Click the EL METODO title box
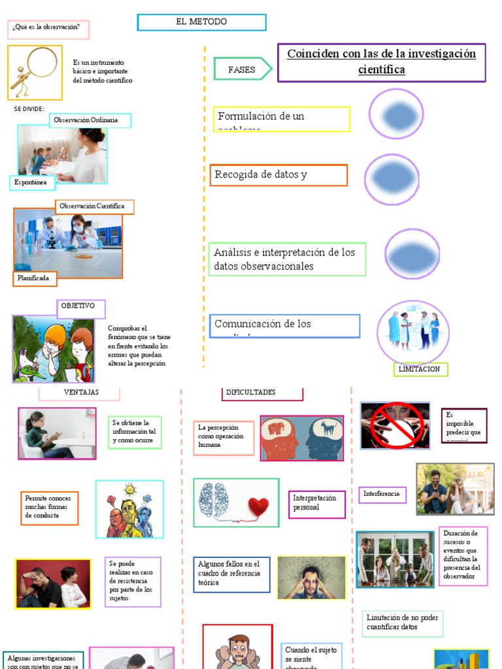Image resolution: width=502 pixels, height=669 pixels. coord(201,22)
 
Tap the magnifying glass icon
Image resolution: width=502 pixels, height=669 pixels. coord(35,71)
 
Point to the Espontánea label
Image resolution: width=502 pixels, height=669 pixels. coord(32,183)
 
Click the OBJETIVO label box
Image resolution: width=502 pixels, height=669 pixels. coord(80,308)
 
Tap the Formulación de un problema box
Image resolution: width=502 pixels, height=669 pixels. coord(280,119)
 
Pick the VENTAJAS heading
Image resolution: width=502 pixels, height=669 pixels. coord(80,393)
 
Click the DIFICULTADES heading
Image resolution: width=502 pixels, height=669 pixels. coord(262,393)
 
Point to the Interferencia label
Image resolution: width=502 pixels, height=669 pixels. coord(382,495)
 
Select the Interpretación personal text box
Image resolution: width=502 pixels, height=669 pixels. coord(316,504)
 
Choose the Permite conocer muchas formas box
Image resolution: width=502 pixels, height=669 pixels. coord(49,508)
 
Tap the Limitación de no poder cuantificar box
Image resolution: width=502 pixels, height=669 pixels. coord(403,623)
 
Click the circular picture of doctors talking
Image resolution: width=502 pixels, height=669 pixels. coord(413,331)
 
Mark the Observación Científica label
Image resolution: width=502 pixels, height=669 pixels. coord(94,206)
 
